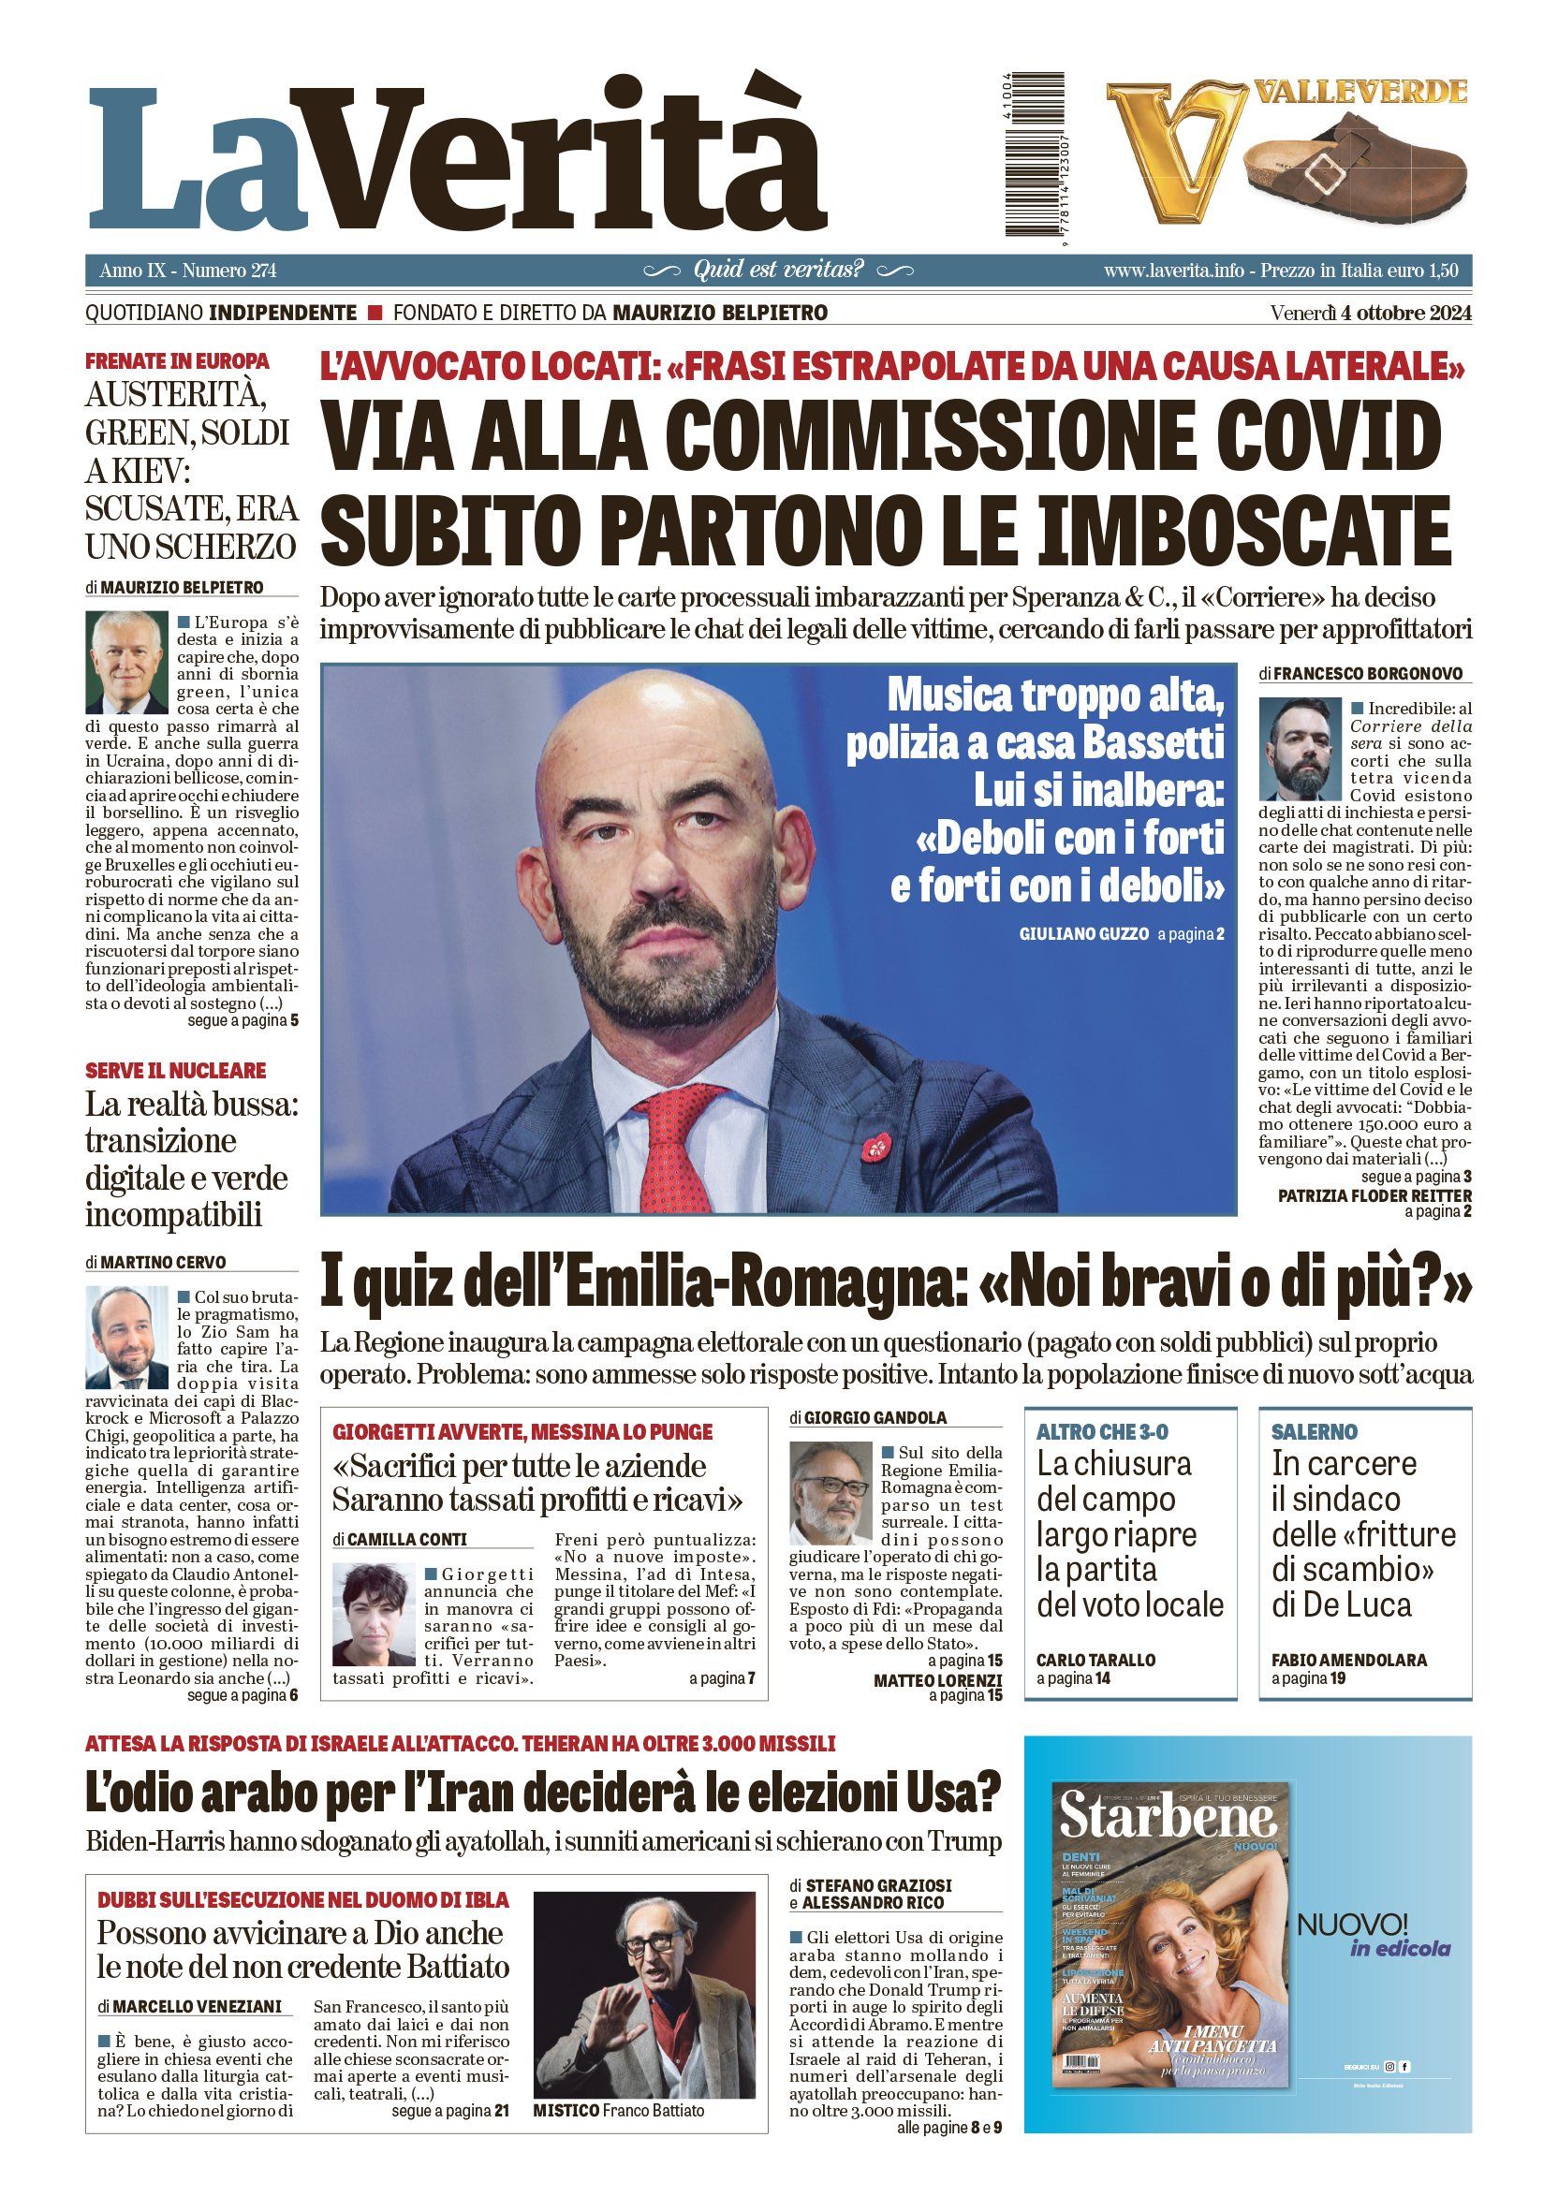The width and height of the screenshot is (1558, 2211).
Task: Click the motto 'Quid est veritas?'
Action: [778, 270]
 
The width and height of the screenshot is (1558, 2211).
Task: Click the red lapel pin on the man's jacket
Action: [875, 1145]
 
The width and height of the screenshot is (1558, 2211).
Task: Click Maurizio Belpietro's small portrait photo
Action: [126, 662]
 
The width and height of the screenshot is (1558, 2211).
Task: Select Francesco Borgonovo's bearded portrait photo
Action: [1301, 748]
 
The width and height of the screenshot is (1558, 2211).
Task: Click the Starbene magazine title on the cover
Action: [1168, 1816]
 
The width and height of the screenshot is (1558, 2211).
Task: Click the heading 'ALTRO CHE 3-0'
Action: [1102, 1432]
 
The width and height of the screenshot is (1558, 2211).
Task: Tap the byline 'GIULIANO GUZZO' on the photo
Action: [1083, 933]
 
